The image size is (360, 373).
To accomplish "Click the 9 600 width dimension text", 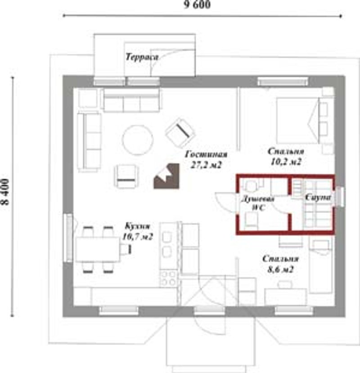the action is (x=197, y=4).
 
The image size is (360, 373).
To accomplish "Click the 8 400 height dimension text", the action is (x=5, y=192).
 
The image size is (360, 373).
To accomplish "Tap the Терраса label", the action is (x=142, y=57).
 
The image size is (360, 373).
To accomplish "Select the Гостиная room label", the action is (x=206, y=154).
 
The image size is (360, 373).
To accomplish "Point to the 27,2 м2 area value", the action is (x=206, y=165).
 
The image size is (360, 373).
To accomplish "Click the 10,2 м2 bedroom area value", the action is (x=286, y=162).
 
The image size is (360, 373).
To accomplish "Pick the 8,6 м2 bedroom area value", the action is (x=280, y=269).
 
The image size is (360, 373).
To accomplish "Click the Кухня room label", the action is (x=138, y=226).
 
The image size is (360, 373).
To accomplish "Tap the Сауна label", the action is (x=318, y=198).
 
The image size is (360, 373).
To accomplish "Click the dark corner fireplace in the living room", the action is (x=166, y=176).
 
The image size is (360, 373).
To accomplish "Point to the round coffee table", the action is (x=138, y=140).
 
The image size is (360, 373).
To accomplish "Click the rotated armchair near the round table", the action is (x=180, y=132).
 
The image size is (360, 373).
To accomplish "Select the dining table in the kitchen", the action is (x=98, y=249).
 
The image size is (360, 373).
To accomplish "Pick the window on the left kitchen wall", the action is (x=68, y=238).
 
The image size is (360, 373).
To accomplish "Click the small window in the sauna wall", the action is (x=340, y=197).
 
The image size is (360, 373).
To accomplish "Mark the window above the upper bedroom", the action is (x=283, y=81).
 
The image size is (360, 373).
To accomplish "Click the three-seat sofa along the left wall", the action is (x=90, y=141).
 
